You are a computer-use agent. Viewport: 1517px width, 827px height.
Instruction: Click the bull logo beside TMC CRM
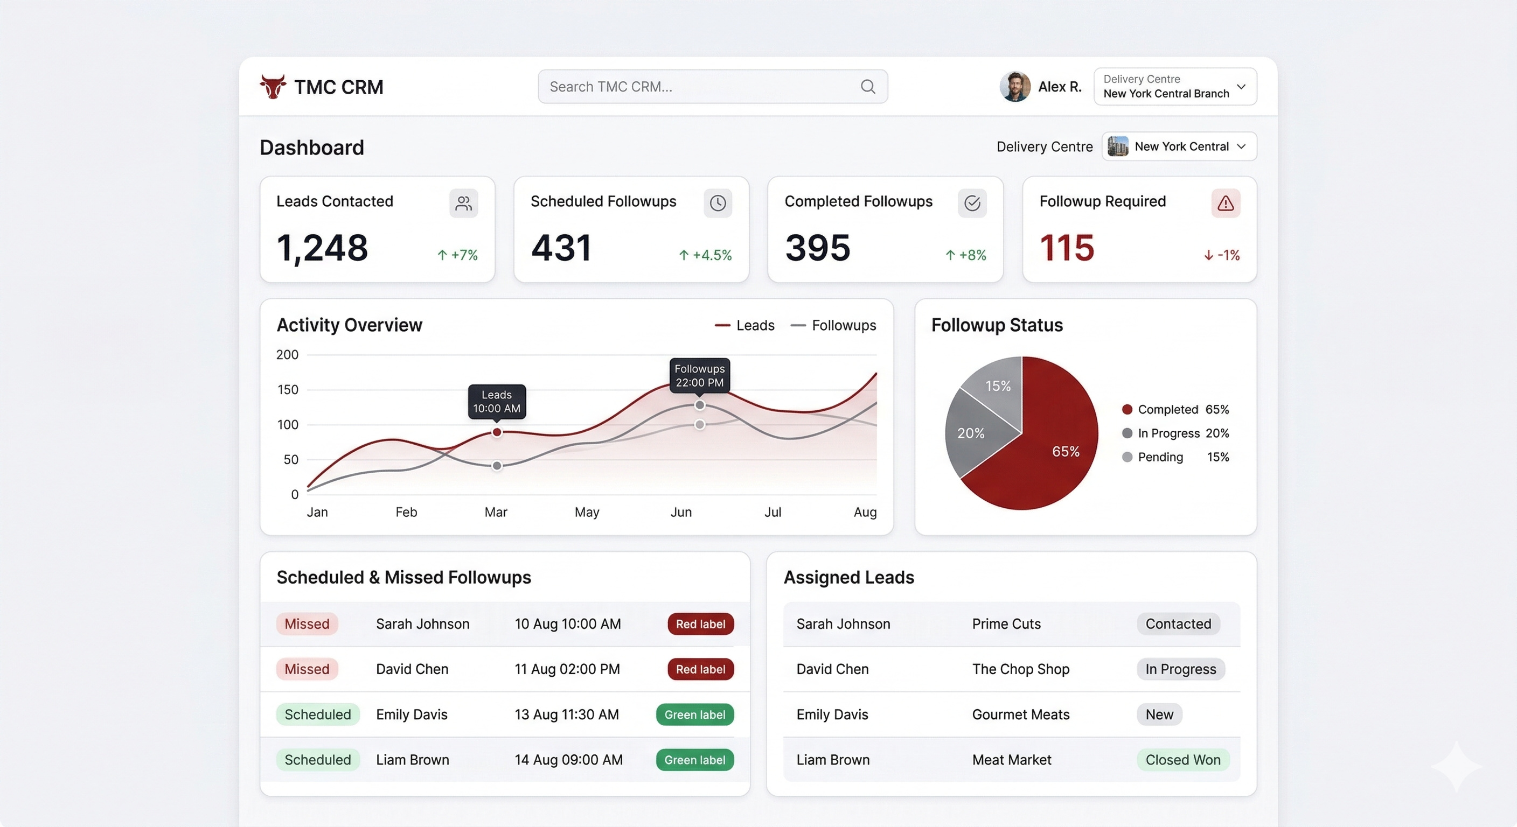click(x=273, y=87)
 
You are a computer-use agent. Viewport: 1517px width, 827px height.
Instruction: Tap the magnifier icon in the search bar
click(x=867, y=87)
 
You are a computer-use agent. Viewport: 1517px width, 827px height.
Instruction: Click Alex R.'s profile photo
click(x=1015, y=87)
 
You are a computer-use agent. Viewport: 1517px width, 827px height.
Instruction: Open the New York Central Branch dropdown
click(x=1175, y=87)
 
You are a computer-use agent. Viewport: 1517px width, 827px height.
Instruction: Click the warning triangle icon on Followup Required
click(x=1226, y=203)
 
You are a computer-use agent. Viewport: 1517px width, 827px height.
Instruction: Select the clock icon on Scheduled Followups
click(x=717, y=203)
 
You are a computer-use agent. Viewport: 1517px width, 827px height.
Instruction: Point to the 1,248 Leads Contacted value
click(x=322, y=248)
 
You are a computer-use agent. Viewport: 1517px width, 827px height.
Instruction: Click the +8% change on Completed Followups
click(x=966, y=255)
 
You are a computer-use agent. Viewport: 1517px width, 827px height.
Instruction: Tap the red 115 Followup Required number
click(x=1067, y=248)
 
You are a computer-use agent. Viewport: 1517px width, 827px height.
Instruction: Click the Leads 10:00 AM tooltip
click(x=497, y=402)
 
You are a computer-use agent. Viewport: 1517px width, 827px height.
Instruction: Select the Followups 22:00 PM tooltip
click(x=699, y=375)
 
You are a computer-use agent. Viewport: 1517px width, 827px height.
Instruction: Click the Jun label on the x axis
click(x=681, y=512)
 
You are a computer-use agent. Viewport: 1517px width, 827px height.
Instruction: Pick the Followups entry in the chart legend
click(x=833, y=326)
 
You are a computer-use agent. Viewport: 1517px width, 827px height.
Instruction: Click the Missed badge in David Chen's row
click(x=307, y=669)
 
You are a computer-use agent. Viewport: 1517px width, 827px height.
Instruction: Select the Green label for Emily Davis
click(x=694, y=714)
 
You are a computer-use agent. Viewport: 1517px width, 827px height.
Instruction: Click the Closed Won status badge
click(x=1182, y=760)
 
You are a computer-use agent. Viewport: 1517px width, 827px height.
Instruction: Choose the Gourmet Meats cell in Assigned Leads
click(x=1020, y=714)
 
